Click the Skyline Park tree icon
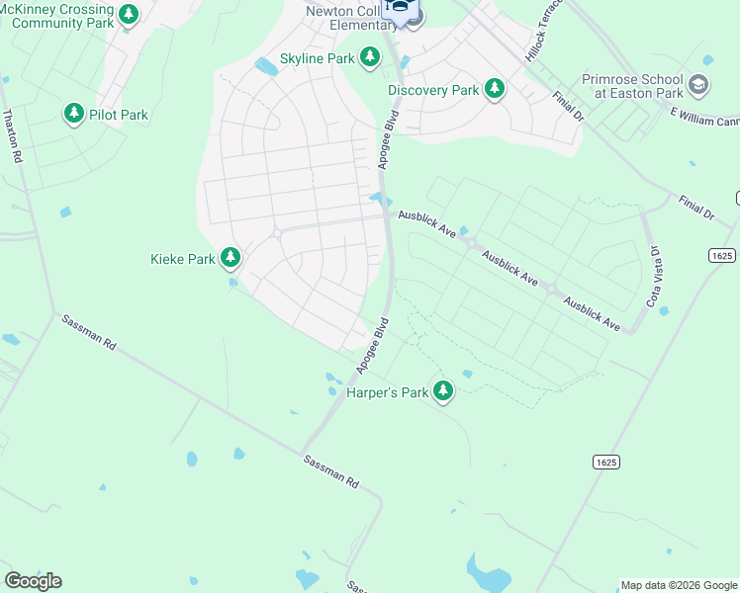(370, 58)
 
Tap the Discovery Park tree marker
(495, 90)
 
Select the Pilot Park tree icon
(73, 115)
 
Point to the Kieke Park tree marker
(231, 259)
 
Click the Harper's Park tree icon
(444, 392)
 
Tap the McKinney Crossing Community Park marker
(128, 15)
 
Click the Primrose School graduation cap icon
(698, 86)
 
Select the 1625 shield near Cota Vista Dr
(722, 255)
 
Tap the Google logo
(33, 581)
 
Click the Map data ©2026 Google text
(679, 585)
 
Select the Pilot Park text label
(118, 115)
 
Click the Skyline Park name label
(317, 58)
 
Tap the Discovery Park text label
(433, 90)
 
